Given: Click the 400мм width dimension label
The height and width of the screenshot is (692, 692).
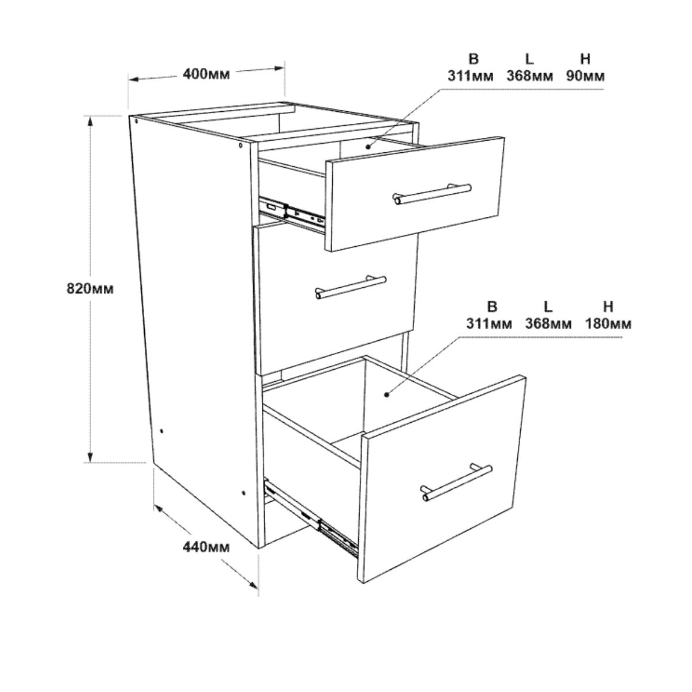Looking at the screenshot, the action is click(x=206, y=74).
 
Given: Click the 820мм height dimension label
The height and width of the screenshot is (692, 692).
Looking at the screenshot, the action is click(x=90, y=288).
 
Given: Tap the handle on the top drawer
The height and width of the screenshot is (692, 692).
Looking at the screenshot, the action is click(x=432, y=194).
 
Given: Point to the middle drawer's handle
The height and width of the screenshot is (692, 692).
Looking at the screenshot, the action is click(x=351, y=287).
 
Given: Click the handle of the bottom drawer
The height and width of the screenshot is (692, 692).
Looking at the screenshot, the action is click(x=457, y=483).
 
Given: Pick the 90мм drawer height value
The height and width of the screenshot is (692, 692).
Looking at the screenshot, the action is click(x=585, y=76).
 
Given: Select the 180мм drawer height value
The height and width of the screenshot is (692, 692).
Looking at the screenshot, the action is click(x=608, y=324).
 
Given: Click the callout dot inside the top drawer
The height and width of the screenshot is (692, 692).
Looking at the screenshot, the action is click(x=367, y=146).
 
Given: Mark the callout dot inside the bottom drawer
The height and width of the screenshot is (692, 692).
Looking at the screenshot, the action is click(x=387, y=394).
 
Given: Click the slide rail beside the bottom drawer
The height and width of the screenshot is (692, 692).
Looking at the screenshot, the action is click(x=311, y=520).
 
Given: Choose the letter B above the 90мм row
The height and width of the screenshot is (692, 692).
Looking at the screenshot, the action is click(x=473, y=59).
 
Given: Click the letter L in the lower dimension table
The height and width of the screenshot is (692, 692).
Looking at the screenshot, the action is click(x=547, y=307).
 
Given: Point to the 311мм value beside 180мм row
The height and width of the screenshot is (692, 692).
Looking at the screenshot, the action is click(x=489, y=324).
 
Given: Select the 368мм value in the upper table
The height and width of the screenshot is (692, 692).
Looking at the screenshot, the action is click(x=530, y=76).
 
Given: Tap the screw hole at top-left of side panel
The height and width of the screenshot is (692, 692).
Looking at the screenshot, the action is click(x=137, y=121).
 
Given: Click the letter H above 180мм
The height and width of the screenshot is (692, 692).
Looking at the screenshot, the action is click(x=608, y=307).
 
